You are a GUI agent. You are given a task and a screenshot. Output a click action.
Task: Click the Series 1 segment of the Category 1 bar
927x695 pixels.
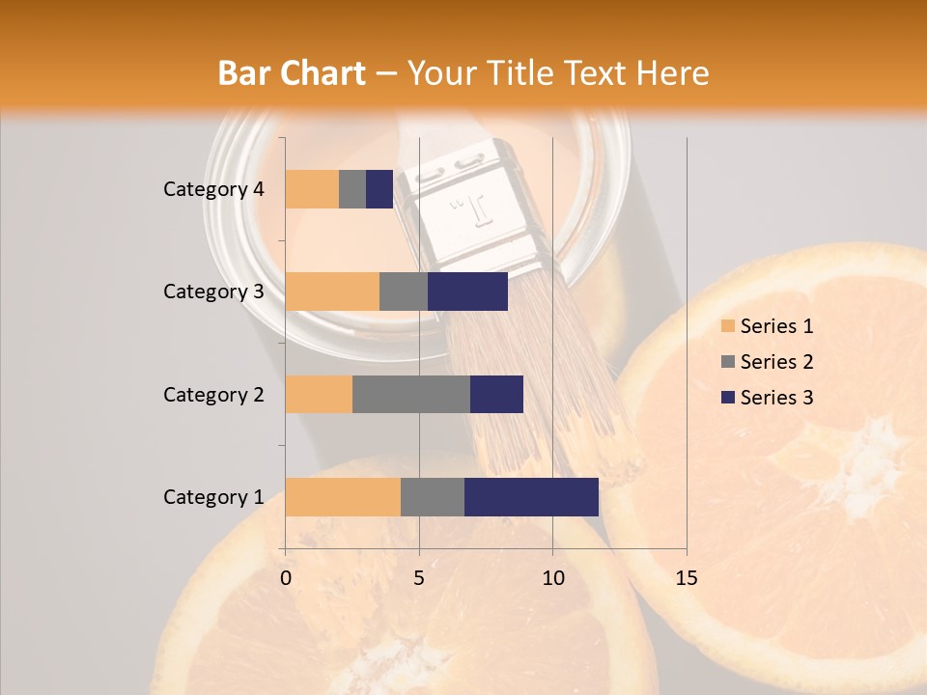tap(343, 496)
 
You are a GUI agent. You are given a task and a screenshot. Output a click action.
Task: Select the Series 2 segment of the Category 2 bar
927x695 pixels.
tap(411, 394)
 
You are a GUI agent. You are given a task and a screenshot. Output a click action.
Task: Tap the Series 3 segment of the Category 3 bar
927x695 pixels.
tap(467, 292)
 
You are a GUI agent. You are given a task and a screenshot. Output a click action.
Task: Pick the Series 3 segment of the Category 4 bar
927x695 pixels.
tap(379, 189)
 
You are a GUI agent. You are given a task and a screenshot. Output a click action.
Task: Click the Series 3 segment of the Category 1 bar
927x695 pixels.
tap(531, 496)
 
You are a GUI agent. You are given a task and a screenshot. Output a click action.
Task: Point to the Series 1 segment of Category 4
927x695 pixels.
tap(312, 189)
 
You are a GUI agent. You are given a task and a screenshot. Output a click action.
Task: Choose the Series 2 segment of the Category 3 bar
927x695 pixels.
tap(404, 292)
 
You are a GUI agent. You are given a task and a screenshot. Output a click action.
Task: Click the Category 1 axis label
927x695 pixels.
tap(213, 497)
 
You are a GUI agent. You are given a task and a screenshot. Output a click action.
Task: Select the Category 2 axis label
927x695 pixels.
tap(213, 395)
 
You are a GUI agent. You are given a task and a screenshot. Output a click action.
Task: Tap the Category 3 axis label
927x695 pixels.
tap(213, 292)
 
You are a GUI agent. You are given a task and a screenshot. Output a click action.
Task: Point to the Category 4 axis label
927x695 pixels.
tap(213, 189)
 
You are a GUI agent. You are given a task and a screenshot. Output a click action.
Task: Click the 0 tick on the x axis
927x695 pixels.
tap(286, 578)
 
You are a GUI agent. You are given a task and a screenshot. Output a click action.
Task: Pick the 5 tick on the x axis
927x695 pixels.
tap(419, 578)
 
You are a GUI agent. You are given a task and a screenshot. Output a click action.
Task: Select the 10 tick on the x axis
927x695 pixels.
tap(552, 578)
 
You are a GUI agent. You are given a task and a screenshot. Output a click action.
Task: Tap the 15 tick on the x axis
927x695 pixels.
tap(686, 578)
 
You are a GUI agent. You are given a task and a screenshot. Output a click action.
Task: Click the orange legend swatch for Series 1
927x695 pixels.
tap(727, 326)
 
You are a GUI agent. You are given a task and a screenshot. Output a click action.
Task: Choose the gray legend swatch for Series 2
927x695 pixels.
tap(727, 362)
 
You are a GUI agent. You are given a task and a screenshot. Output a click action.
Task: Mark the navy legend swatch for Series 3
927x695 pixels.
tap(727, 398)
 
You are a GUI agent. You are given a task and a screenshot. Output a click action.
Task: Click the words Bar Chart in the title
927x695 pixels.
tap(292, 73)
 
